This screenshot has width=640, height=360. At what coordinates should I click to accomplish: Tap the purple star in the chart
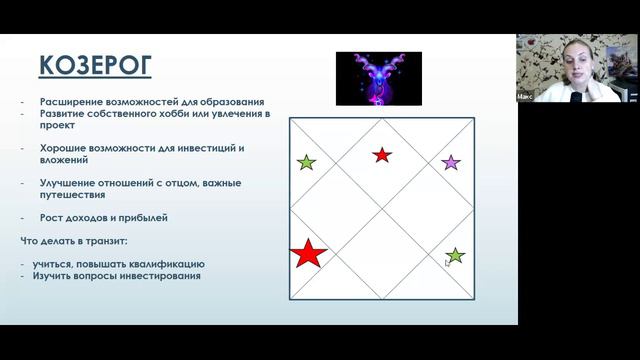451,162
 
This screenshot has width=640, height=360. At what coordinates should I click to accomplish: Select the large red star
308,254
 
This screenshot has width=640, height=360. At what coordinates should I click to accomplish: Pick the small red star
382,155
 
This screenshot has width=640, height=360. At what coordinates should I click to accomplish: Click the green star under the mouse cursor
455,256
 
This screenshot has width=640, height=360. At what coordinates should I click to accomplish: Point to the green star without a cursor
306,162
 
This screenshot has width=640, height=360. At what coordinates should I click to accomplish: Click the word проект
59,126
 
